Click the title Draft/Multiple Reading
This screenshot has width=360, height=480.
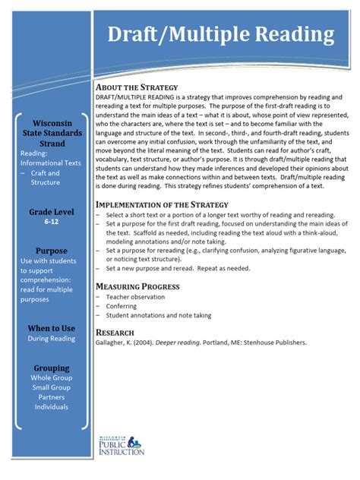tap(220, 34)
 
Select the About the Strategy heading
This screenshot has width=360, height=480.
tap(137, 87)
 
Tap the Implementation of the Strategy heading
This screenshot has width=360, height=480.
tap(162, 204)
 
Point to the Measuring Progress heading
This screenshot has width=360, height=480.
tap(137, 286)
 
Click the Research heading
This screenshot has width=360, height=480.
tap(115, 332)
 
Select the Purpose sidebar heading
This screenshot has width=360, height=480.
tap(51, 251)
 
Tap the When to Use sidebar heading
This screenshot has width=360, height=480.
tap(51, 327)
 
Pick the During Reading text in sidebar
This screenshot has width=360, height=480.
tap(51, 339)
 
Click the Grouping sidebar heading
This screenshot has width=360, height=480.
tap(51, 367)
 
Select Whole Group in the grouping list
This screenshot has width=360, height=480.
tap(51, 377)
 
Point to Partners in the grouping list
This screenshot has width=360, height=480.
tap(51, 396)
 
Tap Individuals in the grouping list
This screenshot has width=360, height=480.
tap(51, 406)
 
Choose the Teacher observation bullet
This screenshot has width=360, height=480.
tap(137, 297)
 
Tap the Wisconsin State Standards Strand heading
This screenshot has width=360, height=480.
tap(51, 133)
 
